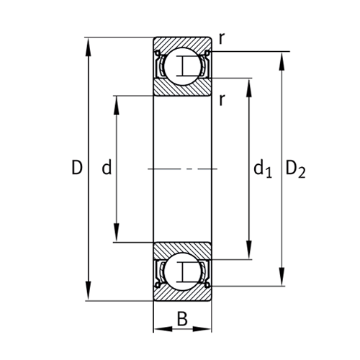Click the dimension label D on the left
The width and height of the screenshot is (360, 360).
coord(77,169)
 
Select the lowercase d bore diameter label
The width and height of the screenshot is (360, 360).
coord(107,169)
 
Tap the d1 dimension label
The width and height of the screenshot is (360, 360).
coord(261,170)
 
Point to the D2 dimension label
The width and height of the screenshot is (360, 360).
coord(295,170)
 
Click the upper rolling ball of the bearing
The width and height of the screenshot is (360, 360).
coord(183,66)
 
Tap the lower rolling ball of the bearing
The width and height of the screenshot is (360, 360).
coord(183,271)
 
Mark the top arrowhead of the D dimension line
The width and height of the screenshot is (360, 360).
coord(89,42)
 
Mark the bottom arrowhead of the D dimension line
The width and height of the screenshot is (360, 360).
coord(89,296)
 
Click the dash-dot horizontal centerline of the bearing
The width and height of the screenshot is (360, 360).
coord(183,169)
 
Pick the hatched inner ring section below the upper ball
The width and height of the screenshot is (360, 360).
coord(183,89)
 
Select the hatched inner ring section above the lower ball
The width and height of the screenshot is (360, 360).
coord(183,249)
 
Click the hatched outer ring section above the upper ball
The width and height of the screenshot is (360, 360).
coord(183,42)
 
